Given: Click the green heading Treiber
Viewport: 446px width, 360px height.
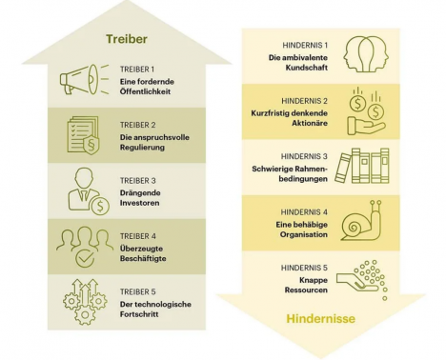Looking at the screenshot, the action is (127, 39).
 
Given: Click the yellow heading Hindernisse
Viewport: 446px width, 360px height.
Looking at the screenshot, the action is (320, 318).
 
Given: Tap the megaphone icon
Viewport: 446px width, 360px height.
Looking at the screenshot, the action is (84, 79).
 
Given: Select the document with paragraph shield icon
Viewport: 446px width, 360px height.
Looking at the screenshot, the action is (83, 135).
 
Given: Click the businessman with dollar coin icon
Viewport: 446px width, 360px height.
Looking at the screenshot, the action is (89, 191).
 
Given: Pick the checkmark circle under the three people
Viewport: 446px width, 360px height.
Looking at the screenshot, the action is (85, 258).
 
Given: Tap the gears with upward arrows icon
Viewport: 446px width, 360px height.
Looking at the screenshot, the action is (85, 302).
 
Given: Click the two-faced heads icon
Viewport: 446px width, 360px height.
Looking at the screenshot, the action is (366, 54).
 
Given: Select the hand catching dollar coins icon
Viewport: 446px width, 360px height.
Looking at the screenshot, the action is (366, 111).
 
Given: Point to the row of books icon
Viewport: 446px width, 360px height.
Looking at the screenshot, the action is (362, 166).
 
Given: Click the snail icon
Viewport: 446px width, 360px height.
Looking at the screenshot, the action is (362, 220).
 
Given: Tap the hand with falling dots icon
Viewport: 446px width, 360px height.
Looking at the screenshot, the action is (362, 280).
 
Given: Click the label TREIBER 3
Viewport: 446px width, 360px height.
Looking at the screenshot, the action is (138, 181).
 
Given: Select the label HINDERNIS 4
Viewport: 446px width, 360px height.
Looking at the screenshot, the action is (304, 212).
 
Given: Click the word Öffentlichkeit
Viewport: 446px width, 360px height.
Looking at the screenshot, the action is (145, 91).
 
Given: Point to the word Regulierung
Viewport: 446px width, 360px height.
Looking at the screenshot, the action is (142, 148).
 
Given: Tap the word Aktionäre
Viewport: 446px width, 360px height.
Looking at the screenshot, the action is (310, 123).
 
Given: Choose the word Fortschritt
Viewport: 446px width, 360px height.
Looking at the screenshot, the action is (139, 314).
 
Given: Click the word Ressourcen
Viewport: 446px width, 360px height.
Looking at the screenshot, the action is (306, 290).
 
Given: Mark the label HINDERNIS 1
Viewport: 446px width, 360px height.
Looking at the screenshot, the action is (305, 46).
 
